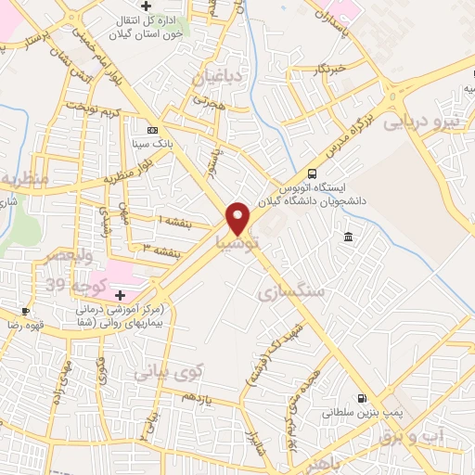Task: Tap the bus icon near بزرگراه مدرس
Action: coord(312,173)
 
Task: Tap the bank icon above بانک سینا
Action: coord(153,130)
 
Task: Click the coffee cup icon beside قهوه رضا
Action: coord(25,311)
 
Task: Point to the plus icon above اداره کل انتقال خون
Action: coord(170,7)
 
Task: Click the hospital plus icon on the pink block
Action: coord(121,294)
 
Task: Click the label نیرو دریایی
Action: coord(422,121)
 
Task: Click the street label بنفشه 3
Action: coord(160,247)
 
